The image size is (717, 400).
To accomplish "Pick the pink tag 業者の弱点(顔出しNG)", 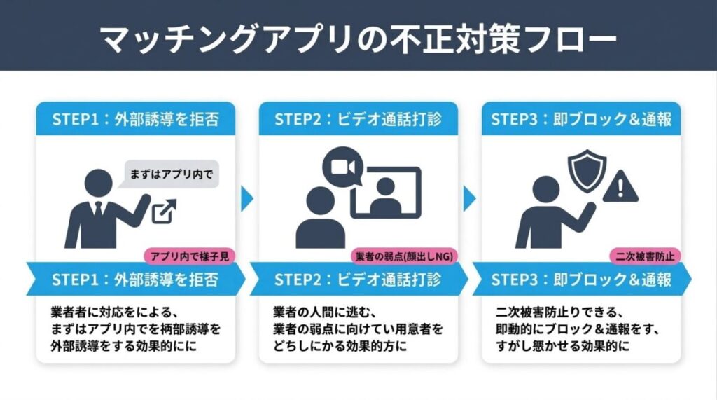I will pos(403,256).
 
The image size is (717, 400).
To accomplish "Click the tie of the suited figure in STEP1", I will pos(99,210).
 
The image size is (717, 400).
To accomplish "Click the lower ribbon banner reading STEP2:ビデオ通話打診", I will pos(358,280).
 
